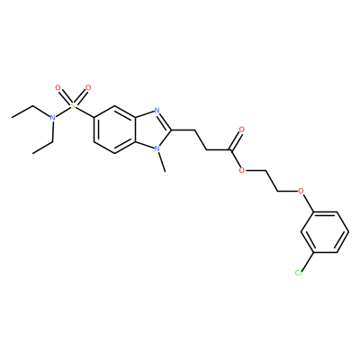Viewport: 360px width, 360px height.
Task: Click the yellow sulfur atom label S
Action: pos(73,105)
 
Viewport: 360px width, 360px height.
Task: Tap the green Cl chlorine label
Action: pos(298,273)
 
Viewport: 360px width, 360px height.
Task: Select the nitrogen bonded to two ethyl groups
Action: pos(52,118)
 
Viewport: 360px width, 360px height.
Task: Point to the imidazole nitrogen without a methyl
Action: pos(157,111)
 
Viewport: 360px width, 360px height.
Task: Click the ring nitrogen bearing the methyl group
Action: pos(157,148)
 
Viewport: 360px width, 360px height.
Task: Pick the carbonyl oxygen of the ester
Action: pos(242,130)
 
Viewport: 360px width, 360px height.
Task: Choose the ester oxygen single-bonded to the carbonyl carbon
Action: pos(242,171)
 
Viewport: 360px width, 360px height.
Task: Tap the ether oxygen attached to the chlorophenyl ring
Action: pos(301,191)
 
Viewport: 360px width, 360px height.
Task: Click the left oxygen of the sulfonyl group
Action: pos(58,88)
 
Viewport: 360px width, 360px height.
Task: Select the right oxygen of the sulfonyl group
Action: pos(88,88)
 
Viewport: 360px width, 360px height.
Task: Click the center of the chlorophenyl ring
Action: pos(325,232)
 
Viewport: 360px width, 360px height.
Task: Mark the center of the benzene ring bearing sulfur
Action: pos(114,130)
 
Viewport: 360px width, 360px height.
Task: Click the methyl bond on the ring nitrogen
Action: pos(161,162)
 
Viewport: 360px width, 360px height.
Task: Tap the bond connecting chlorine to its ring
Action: pos(307,263)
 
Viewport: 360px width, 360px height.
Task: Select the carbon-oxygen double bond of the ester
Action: pos(235,141)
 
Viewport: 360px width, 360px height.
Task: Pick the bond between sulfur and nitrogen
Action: pos(63,112)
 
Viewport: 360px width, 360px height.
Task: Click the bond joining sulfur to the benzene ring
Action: pos(85,112)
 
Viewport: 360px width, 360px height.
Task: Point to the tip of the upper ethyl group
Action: pos(12,117)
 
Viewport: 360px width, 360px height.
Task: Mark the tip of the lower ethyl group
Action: pos(32,153)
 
